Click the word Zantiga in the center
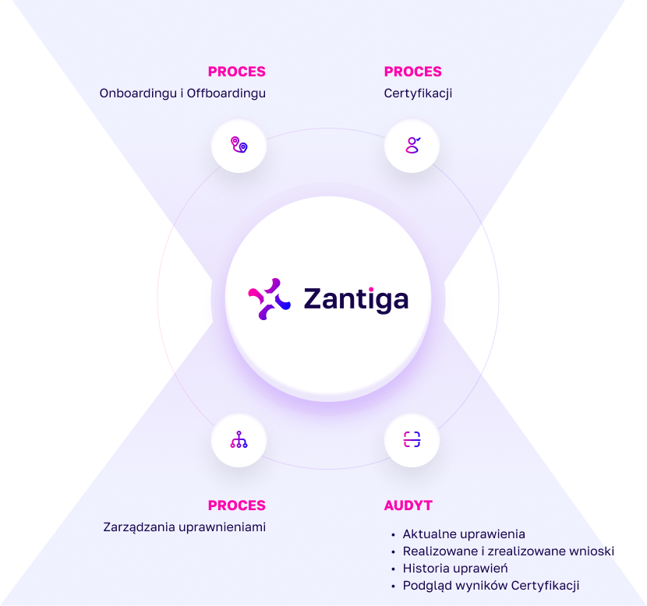point(355,299)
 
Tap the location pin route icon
point(239,146)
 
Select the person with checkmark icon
point(412,145)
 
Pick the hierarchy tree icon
point(239,440)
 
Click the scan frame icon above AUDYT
point(412,440)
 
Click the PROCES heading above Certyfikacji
point(412,72)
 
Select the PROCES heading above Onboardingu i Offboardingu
point(236,72)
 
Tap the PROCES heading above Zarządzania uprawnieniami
point(236,506)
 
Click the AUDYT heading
point(408,506)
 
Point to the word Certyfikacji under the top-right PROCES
point(418,93)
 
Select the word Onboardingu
point(138,93)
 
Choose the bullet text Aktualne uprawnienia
point(464,534)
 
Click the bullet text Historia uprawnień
point(455,569)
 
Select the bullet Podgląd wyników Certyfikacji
point(490,586)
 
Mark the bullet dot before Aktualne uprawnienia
point(393,535)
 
